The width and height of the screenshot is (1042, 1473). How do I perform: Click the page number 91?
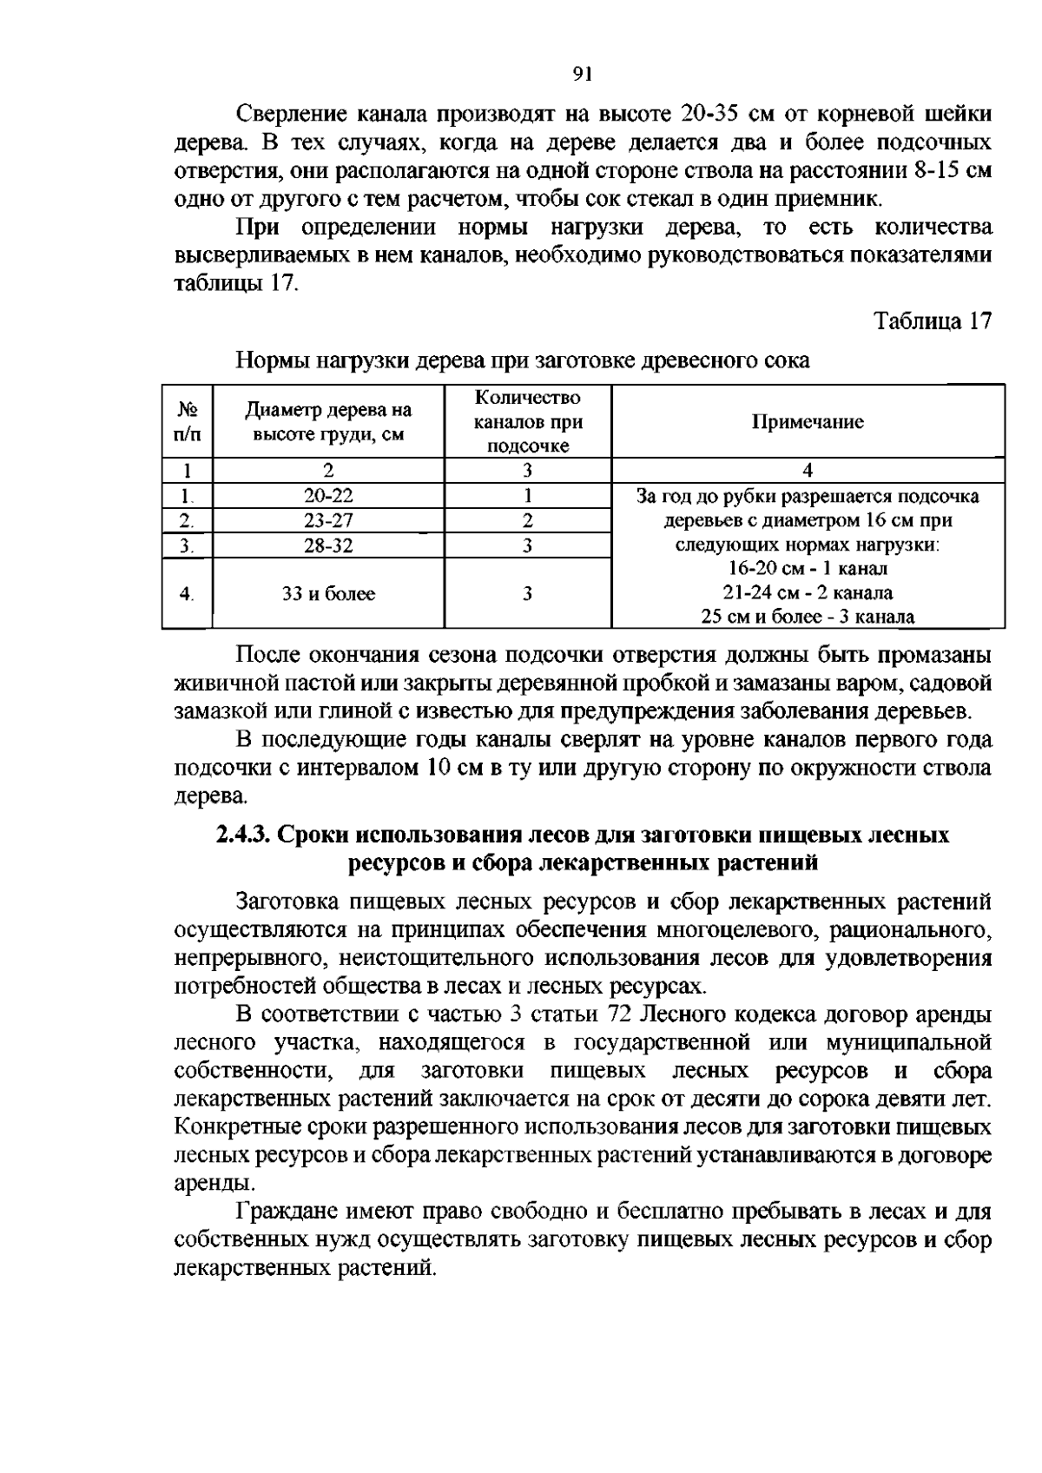click(583, 74)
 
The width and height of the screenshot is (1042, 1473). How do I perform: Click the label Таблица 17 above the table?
click(932, 320)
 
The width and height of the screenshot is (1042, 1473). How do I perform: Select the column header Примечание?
click(808, 422)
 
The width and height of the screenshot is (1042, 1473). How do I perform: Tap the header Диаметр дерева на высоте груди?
click(328, 422)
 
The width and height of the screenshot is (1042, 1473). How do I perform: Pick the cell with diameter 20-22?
click(328, 496)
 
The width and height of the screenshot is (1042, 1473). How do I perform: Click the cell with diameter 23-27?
click(328, 520)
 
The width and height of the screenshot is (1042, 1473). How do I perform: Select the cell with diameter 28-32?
click(328, 545)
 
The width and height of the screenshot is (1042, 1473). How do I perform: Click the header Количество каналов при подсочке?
click(527, 422)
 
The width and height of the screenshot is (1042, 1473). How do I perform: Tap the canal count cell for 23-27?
click(527, 520)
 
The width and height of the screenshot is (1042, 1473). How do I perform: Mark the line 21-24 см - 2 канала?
click(808, 593)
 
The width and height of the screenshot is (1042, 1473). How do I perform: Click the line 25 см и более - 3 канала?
click(808, 618)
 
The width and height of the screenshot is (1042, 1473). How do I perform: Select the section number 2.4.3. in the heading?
click(243, 836)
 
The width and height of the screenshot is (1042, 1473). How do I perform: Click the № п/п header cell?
click(187, 422)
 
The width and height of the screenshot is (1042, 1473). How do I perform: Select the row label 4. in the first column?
click(187, 594)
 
